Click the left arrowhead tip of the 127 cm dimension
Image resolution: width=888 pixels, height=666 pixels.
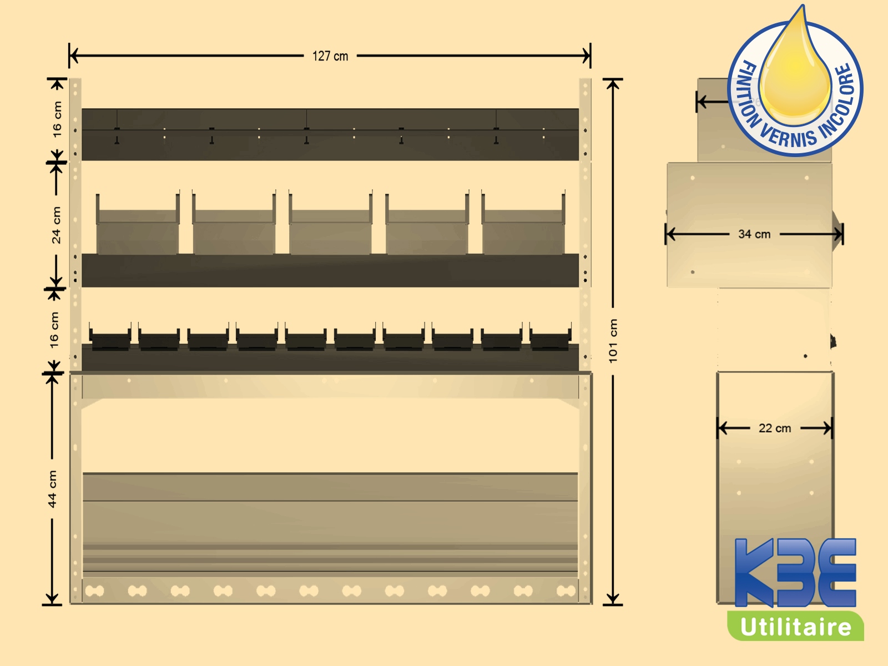(x=70, y=56)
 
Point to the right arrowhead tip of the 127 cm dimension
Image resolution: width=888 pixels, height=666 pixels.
(x=591, y=56)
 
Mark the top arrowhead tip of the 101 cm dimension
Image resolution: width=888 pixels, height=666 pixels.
(x=613, y=80)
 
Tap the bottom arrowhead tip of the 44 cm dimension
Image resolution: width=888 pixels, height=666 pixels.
(x=52, y=604)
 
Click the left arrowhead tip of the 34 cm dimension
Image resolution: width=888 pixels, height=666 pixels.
(x=667, y=234)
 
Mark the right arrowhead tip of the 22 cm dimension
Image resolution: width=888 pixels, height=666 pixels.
(x=832, y=428)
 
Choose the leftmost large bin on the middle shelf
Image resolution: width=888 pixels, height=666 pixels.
(x=138, y=224)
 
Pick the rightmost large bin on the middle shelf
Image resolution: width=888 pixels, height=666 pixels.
(x=523, y=224)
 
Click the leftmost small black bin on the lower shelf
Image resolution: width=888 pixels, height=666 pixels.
(x=110, y=336)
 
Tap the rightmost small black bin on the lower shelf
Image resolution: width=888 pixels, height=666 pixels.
(x=551, y=336)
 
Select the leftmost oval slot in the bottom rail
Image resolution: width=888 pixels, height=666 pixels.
(x=95, y=591)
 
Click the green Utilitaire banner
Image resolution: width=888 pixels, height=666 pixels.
(x=795, y=626)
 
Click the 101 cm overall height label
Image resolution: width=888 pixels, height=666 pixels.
(x=613, y=341)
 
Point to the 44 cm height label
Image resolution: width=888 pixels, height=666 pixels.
(x=52, y=489)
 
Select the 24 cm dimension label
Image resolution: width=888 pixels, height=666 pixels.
(x=56, y=225)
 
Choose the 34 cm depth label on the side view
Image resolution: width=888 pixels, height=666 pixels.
(x=754, y=234)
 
